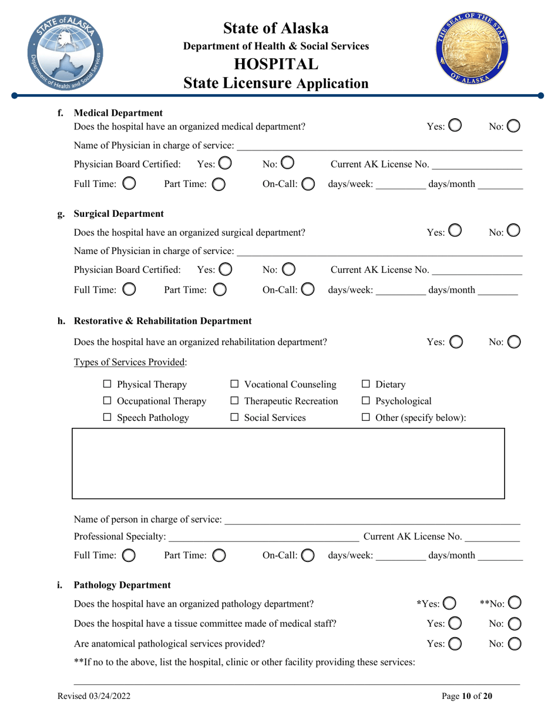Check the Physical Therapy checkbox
pyautogui.click(x=107, y=385)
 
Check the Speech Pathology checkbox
pyautogui.click(x=107, y=418)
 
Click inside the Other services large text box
pyautogui.click(x=288, y=464)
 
